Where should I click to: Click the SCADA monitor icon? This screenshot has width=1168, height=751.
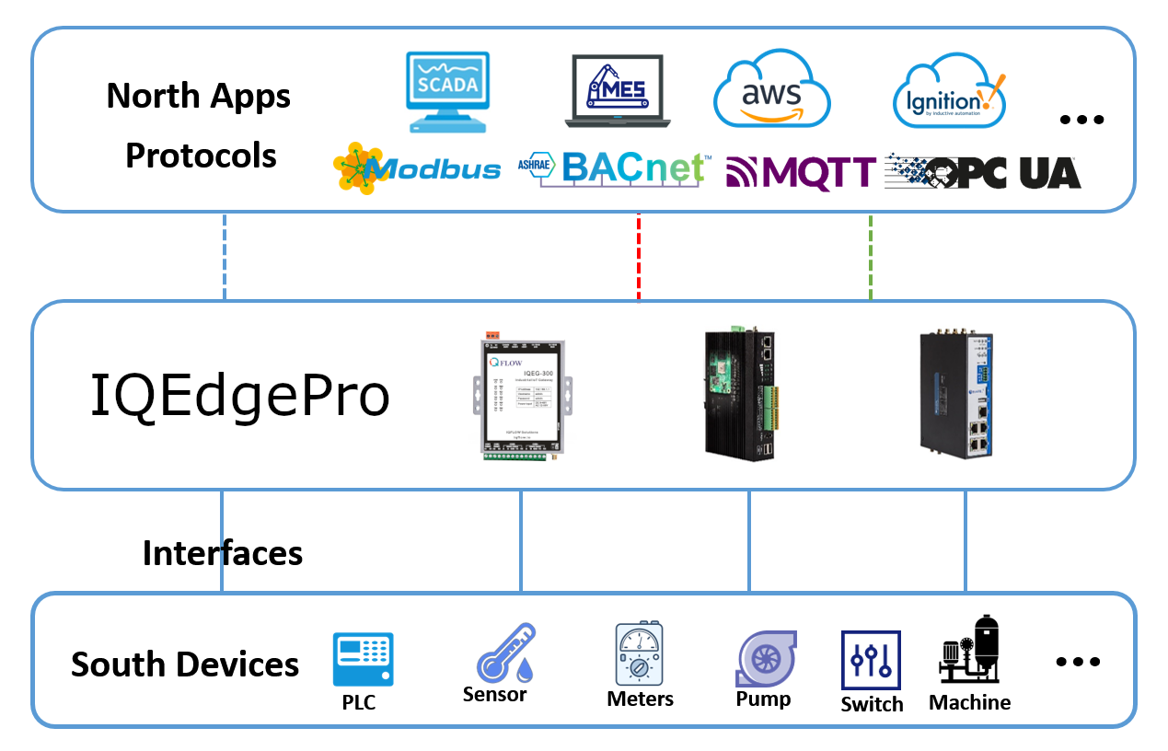coord(447,91)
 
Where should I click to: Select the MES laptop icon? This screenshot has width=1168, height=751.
coord(618,90)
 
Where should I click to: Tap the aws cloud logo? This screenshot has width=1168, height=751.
coord(771,91)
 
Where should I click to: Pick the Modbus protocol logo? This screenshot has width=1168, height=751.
coord(417,168)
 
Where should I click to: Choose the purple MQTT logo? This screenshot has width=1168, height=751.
coord(800,171)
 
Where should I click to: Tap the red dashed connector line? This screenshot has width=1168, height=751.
coord(639,257)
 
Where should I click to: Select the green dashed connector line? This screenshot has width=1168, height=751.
coord(871,257)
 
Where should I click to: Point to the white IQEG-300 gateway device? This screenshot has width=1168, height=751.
coord(521,396)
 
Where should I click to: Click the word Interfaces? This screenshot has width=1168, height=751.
coord(223,553)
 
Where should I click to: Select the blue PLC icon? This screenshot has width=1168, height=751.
coord(363,659)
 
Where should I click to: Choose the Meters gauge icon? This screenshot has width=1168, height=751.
coord(640,654)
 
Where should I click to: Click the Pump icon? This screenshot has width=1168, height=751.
coord(765,658)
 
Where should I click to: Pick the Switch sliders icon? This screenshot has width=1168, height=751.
coord(871,660)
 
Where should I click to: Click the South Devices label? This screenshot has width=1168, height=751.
coord(185,664)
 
